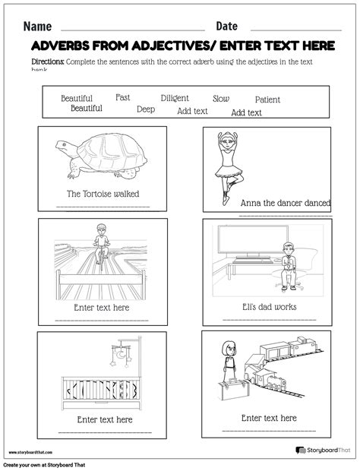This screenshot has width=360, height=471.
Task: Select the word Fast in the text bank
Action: pos(122,97)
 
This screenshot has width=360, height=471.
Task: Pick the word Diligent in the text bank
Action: pos(175,98)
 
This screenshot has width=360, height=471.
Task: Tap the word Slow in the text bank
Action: pos(221,99)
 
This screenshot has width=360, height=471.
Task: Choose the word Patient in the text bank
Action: pos(267,100)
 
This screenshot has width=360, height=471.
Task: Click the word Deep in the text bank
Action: pos(146,109)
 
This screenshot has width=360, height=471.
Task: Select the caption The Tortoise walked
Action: pos(103,194)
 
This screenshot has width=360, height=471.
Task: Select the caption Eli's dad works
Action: pos(270,307)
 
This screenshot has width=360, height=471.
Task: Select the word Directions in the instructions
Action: pos(48,62)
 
